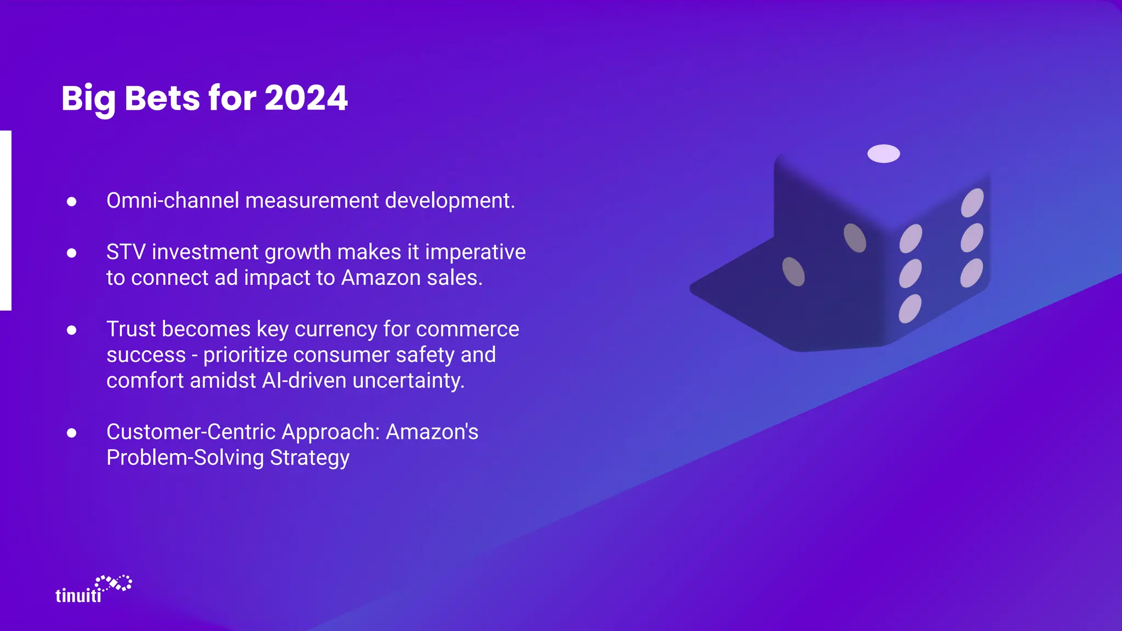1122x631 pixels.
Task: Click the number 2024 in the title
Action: (x=306, y=99)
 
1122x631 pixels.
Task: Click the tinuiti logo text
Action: (x=78, y=595)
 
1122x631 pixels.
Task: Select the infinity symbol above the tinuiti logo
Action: (x=114, y=583)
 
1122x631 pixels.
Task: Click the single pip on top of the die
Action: (x=883, y=154)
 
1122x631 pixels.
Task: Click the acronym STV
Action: (x=125, y=252)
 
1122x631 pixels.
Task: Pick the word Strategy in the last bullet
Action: (x=310, y=458)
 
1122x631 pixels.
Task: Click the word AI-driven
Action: (x=304, y=381)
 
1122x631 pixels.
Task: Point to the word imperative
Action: (x=475, y=252)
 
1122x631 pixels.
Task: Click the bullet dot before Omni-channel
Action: (x=72, y=202)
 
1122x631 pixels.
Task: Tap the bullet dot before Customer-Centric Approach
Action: (x=72, y=433)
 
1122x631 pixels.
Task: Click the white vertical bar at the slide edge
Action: (x=5, y=220)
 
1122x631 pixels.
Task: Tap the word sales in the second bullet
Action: (x=454, y=278)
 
